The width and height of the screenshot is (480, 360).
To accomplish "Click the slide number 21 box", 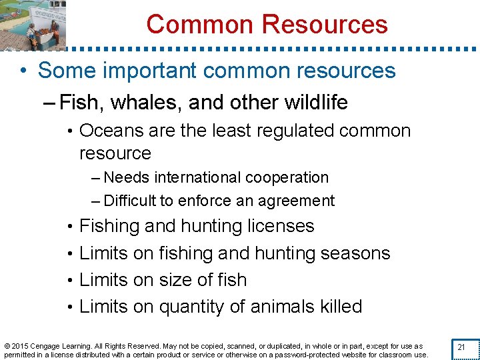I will click(x=461, y=348).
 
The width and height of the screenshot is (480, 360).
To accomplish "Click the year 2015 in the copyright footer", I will click(x=19, y=347).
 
